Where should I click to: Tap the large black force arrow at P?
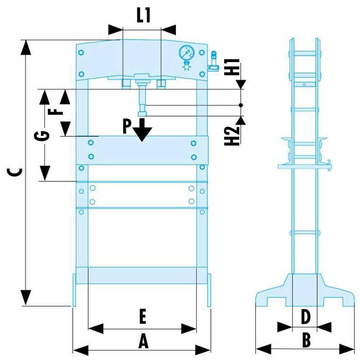(142, 130)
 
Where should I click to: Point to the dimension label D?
(305, 317)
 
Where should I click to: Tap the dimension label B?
(306, 341)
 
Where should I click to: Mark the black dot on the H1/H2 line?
(241, 105)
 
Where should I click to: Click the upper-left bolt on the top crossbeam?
(81, 53)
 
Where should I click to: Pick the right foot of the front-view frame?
(209, 290)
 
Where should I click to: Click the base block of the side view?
(305, 290)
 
